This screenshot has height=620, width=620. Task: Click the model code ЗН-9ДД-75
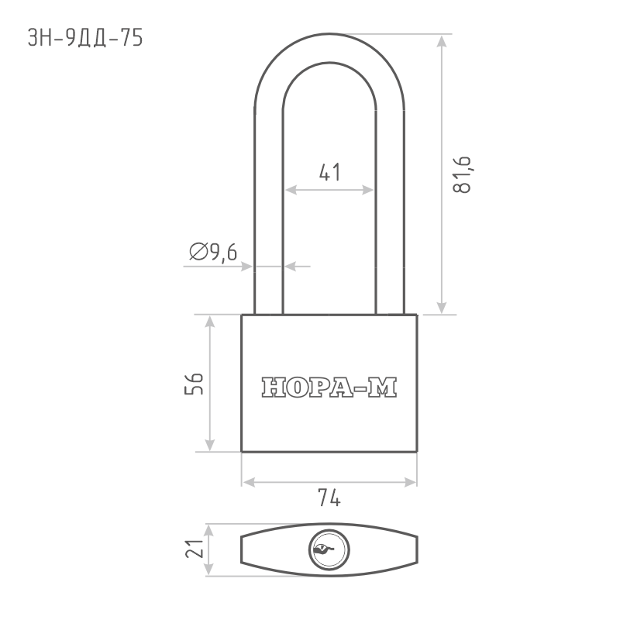click(x=85, y=38)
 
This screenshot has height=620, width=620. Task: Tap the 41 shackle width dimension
click(x=329, y=172)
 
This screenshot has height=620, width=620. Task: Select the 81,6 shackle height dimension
click(x=462, y=174)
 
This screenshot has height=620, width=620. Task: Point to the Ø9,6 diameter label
click(x=213, y=251)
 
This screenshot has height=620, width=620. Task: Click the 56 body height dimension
click(x=194, y=384)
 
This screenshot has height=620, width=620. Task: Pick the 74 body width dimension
click(x=329, y=498)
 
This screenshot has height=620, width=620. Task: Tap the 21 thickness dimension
click(x=195, y=549)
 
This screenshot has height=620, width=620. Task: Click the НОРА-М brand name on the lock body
click(x=329, y=387)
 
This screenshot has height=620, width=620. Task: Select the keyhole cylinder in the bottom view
click(x=329, y=549)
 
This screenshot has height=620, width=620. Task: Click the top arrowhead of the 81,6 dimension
click(x=442, y=41)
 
